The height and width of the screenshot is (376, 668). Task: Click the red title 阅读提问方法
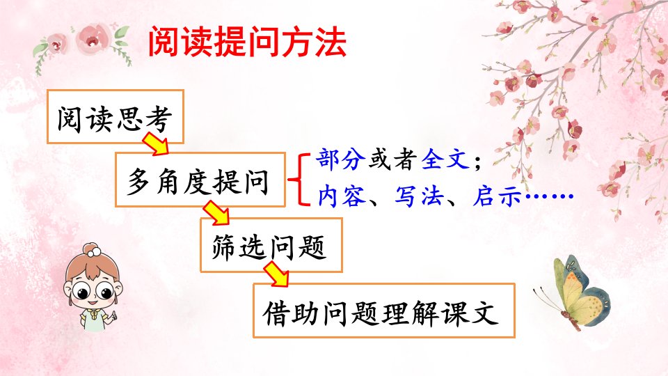coord(247,41)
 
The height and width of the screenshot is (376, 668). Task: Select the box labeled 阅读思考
coord(115,116)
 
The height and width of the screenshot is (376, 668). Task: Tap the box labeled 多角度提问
coord(200,180)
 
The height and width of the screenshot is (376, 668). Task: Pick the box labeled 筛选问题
coord(271,245)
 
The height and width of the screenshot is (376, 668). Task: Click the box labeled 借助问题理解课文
coord(384,311)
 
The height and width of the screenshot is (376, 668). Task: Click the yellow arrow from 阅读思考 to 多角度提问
coord(155,143)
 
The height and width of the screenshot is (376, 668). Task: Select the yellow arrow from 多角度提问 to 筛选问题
coord(216,213)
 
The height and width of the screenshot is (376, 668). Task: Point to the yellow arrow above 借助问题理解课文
coord(276,274)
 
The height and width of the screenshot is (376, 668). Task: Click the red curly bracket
coord(299,179)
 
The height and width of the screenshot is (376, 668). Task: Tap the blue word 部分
coord(340,159)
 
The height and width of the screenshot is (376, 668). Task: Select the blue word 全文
coord(445,159)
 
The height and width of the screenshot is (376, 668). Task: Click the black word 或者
coord(392,159)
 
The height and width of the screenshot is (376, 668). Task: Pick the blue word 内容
coord(342,196)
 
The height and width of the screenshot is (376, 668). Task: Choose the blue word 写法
coord(420,196)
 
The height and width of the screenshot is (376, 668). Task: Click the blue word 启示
coord(498,196)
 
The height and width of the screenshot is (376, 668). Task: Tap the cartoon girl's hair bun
coord(92,250)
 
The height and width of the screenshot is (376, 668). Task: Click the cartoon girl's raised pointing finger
coord(113,315)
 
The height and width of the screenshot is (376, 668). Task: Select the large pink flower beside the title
coord(93,38)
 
